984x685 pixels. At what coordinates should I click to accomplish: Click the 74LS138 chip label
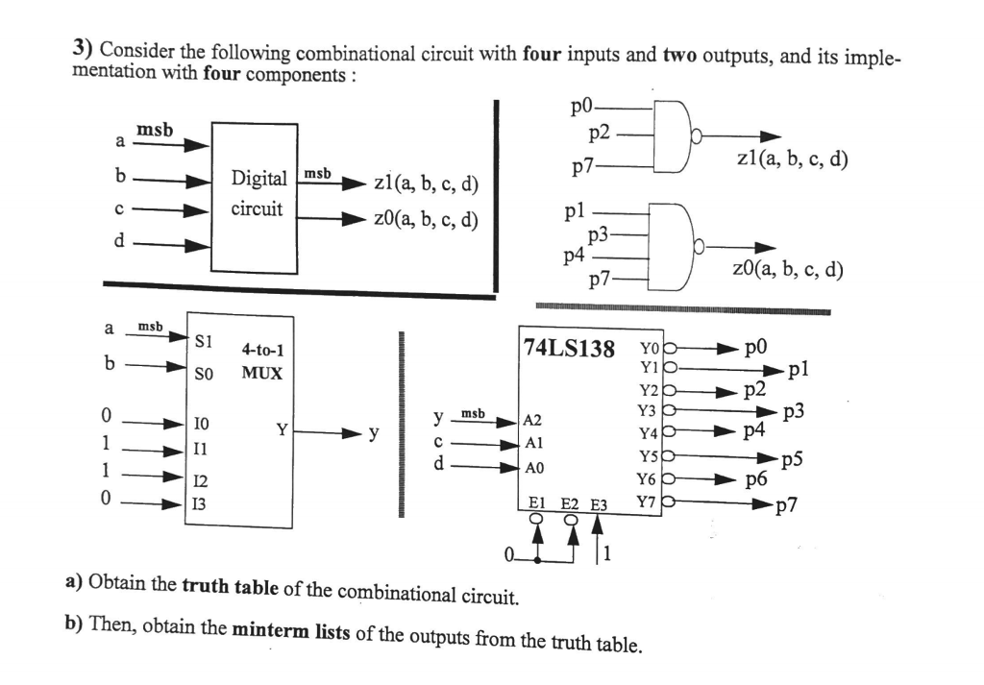[x=568, y=348]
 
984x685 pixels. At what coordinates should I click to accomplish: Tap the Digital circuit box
[x=255, y=197]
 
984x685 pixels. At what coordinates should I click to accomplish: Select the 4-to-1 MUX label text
[x=262, y=361]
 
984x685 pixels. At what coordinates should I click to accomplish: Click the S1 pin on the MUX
[x=204, y=339]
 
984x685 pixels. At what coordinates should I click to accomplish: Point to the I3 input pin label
[x=200, y=502]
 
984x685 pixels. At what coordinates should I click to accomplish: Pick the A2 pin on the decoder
[x=531, y=420]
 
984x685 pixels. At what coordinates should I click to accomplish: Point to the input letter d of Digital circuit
[x=119, y=240]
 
